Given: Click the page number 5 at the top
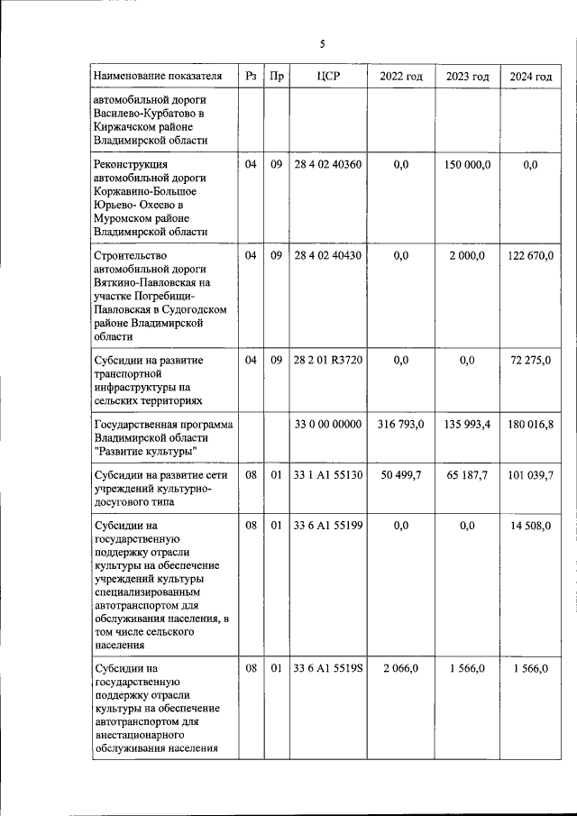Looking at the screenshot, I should [x=322, y=44].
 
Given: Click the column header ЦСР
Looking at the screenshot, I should [x=327, y=77].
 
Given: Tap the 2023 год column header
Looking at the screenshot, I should [x=467, y=77].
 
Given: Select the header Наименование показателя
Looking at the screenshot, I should [x=157, y=77].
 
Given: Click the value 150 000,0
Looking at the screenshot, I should [x=467, y=164].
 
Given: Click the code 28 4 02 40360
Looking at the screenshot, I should [x=327, y=164].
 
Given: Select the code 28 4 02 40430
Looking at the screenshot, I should [x=327, y=256].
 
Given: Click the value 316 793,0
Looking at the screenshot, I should [x=401, y=425].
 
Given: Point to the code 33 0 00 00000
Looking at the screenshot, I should [x=327, y=425].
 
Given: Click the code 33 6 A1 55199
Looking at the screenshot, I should [x=327, y=526].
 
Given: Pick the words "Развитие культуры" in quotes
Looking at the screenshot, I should [x=143, y=451].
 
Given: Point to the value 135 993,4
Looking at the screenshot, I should [x=467, y=425].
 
